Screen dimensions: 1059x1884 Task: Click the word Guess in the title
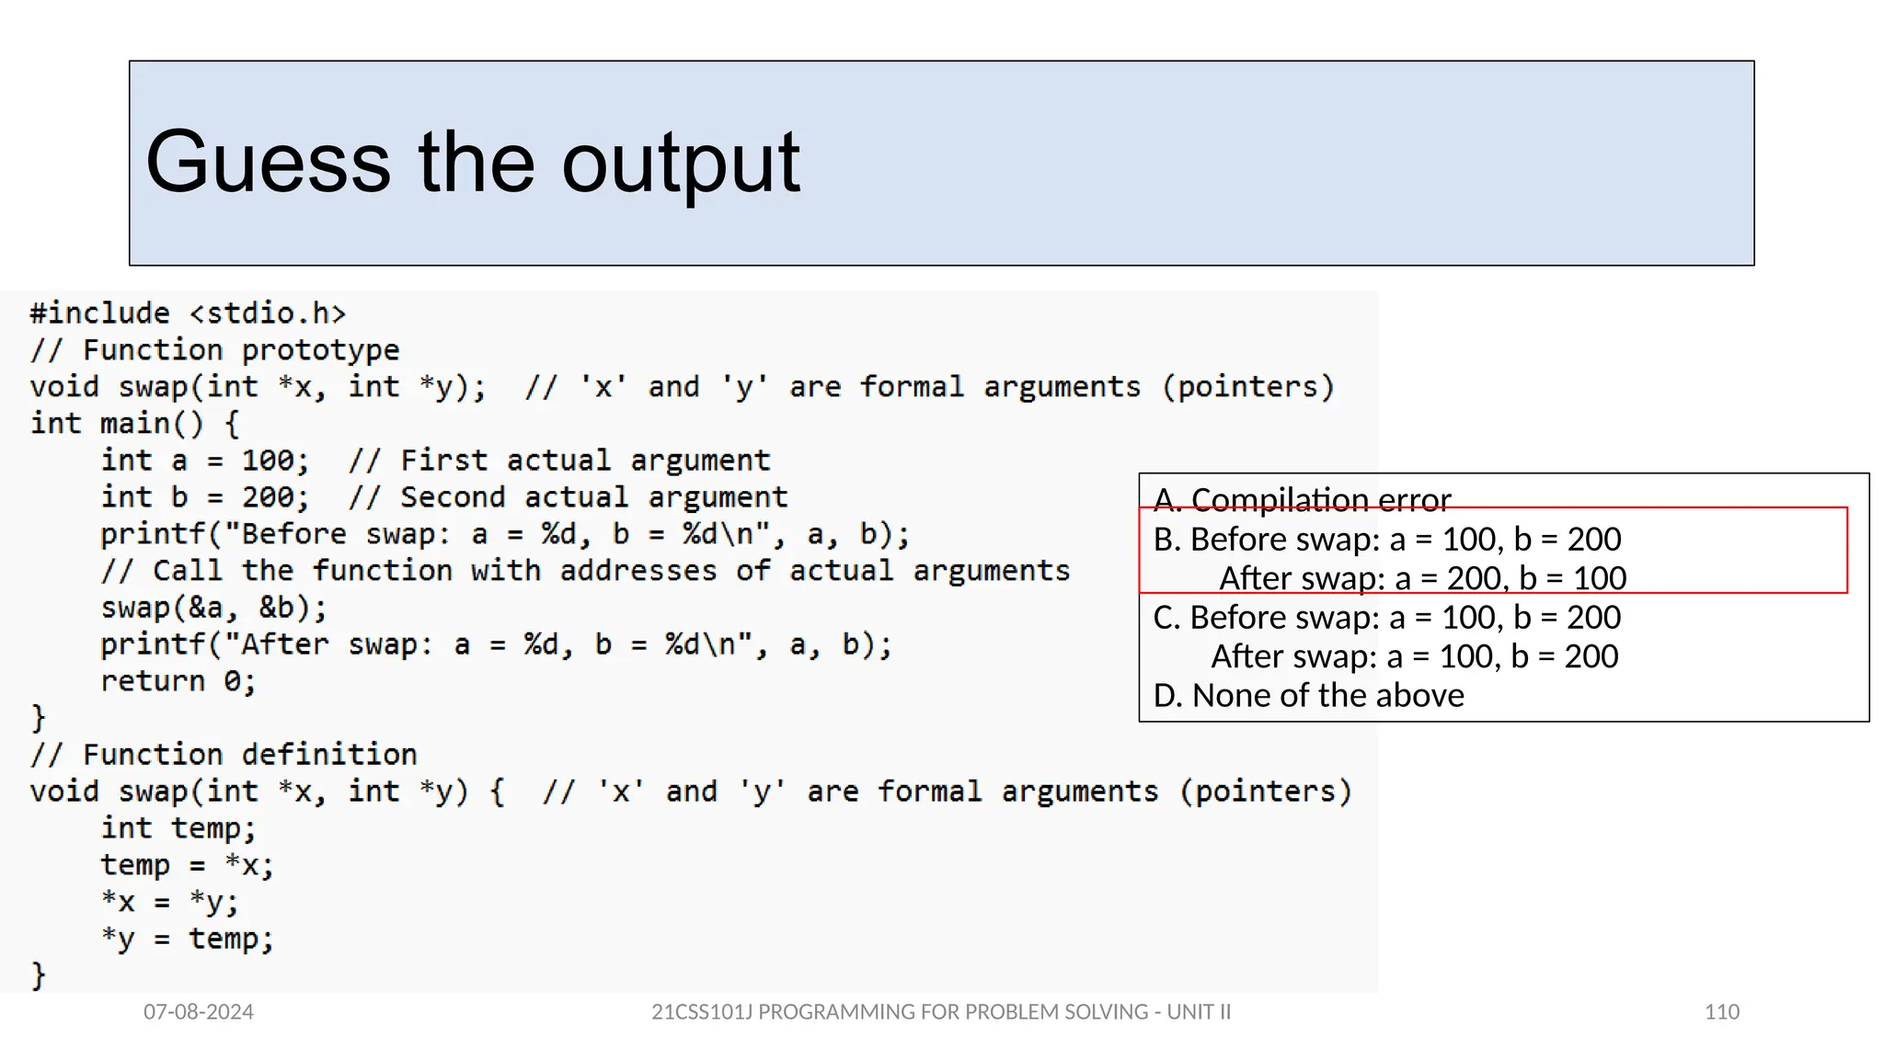coord(268,163)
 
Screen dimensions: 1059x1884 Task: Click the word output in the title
coord(681,163)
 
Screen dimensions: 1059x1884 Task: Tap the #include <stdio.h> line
coord(188,313)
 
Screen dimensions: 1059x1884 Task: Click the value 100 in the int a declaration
coord(268,461)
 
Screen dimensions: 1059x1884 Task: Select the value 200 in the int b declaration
coord(268,497)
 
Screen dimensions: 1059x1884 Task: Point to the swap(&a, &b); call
coord(213,608)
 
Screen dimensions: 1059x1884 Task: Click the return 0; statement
coord(178,681)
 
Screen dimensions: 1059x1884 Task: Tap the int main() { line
coord(134,424)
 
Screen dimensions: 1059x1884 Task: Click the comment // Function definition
coord(224,755)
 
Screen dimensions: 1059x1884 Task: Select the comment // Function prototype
coord(214,350)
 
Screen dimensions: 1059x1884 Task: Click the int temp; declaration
coord(178,828)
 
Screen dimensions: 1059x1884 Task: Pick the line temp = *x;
coord(187,865)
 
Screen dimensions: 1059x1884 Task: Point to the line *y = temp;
coord(187,939)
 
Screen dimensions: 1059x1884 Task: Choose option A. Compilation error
coord(1302,500)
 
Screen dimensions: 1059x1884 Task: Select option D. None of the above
coord(1308,696)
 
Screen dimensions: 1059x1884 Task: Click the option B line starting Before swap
coord(1387,540)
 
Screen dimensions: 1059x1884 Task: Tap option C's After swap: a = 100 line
coord(1414,656)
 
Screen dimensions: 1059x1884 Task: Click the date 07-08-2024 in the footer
coord(198,1012)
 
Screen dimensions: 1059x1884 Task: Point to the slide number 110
coord(1721,1012)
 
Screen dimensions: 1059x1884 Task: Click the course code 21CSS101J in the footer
coord(701,1012)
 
